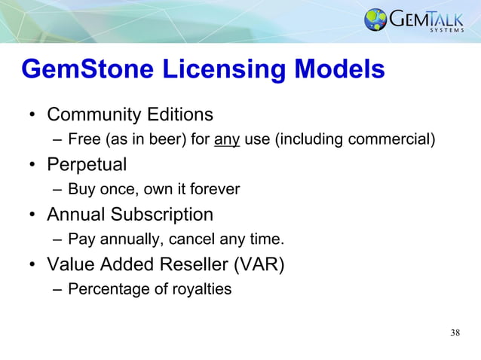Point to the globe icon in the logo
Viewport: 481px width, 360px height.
(x=375, y=20)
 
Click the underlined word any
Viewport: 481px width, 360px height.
(x=227, y=139)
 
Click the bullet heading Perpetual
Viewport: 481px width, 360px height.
(x=87, y=164)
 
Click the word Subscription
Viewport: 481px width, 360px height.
(x=162, y=215)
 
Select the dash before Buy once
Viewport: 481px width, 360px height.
(x=57, y=189)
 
